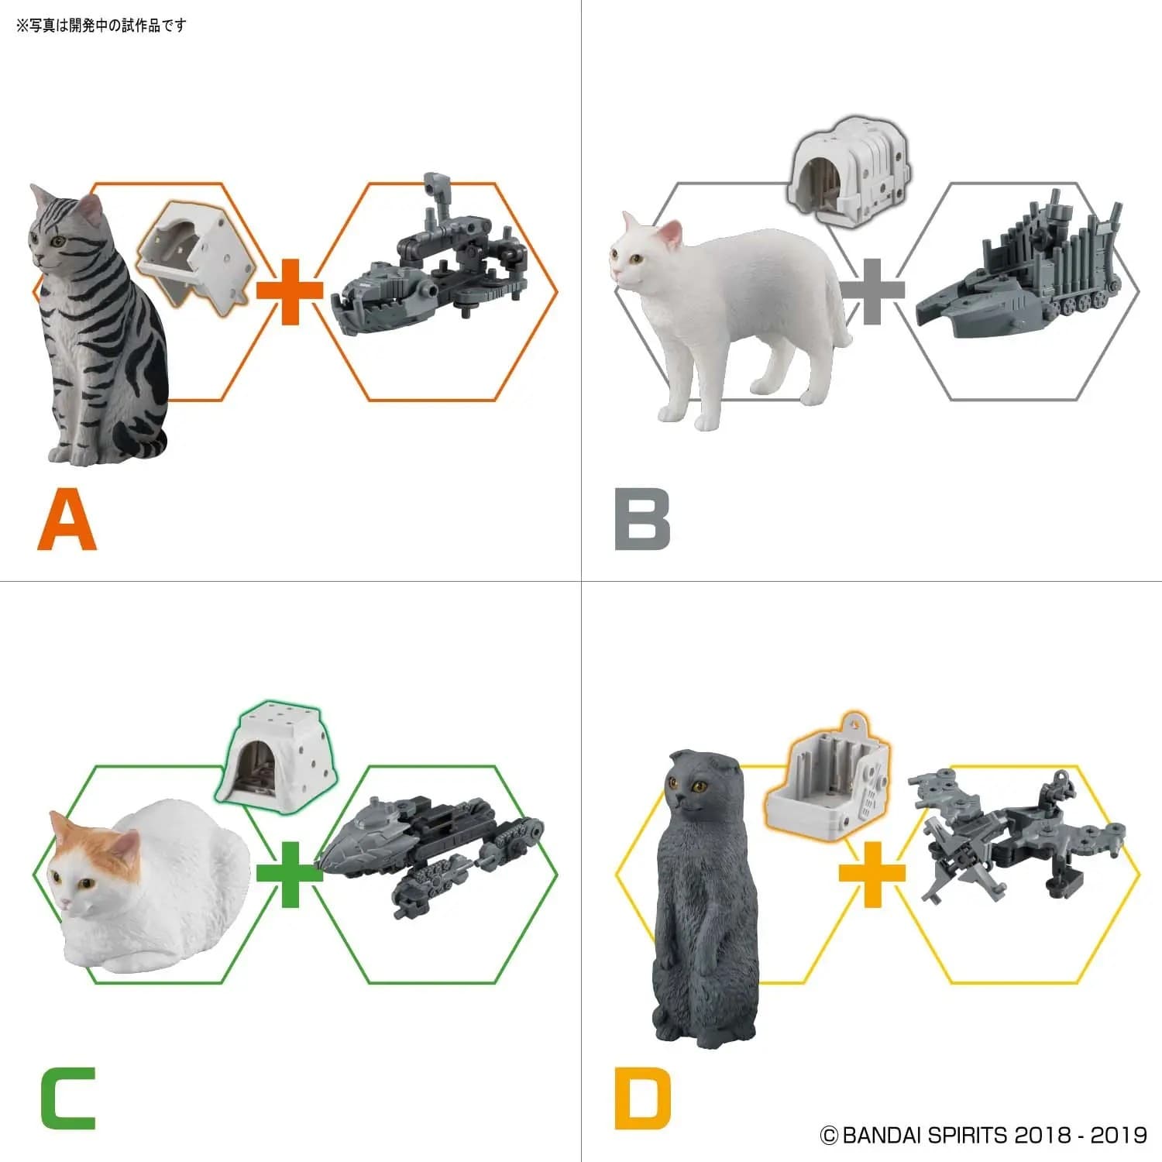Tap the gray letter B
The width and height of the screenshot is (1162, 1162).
coord(642,520)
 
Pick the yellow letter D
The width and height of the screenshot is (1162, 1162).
coord(642,1098)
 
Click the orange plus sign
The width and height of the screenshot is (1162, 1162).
coord(290,291)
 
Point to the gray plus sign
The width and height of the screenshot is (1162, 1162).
coord(872,291)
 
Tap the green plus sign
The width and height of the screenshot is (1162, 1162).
coord(290,874)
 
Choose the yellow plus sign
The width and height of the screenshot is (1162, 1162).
coord(872,874)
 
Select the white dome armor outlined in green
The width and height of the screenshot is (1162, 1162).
coord(277,753)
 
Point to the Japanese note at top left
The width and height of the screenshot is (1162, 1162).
coord(101,26)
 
